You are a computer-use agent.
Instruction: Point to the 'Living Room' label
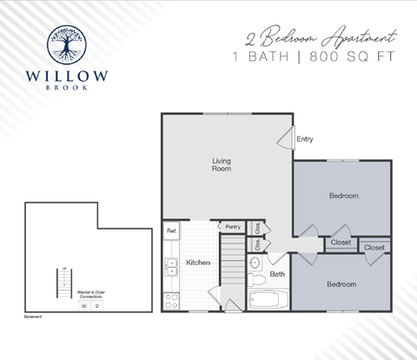[221, 164]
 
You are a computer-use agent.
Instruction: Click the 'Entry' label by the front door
[305, 138]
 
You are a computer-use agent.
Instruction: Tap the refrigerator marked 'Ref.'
[172, 230]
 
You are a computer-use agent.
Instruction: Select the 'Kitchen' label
[198, 262]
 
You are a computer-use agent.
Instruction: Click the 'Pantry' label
[232, 226]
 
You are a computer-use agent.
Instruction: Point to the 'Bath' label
[277, 275]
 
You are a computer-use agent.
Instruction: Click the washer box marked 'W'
[84, 306]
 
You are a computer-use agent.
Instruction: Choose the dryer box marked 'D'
[96, 306]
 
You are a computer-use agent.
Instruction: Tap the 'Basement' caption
[34, 317]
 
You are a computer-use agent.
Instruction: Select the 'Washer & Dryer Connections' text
[90, 294]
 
